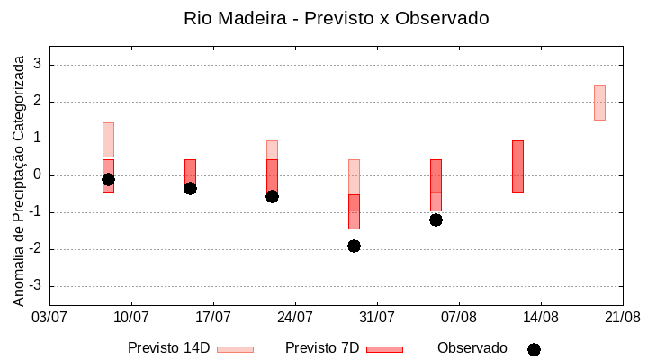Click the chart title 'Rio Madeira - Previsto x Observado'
click(x=336, y=18)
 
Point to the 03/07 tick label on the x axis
click(x=49, y=317)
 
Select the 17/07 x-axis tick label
click(x=213, y=317)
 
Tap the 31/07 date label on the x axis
click(x=377, y=317)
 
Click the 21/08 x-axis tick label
click(x=622, y=317)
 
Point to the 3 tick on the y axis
click(x=38, y=65)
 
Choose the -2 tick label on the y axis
click(x=35, y=249)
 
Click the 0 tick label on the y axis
click(x=38, y=175)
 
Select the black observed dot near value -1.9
click(x=354, y=246)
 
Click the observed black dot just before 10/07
click(x=108, y=179)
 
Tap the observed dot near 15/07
click(x=190, y=188)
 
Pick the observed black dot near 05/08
click(x=436, y=220)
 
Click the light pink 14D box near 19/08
click(x=599, y=103)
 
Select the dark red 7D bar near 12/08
click(x=517, y=166)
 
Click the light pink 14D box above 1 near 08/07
click(x=108, y=139)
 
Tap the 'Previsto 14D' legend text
click(x=168, y=348)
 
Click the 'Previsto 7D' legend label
click(x=322, y=348)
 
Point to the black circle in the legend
click(x=534, y=349)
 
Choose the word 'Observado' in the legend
click(x=472, y=348)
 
